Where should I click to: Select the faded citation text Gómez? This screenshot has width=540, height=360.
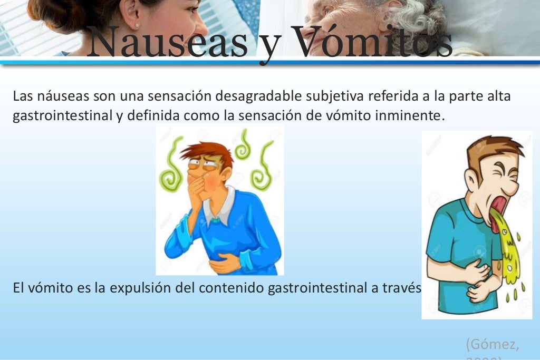tap(492, 345)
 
